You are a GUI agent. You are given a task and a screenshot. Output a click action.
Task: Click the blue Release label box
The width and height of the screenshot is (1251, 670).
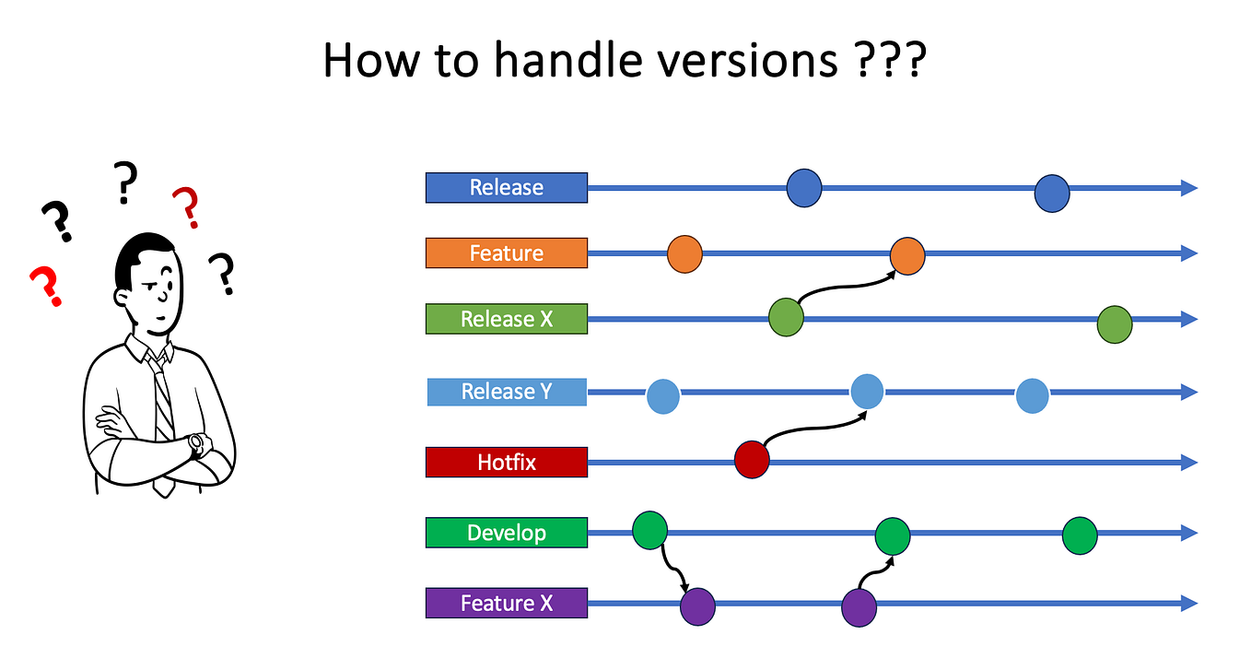click(506, 187)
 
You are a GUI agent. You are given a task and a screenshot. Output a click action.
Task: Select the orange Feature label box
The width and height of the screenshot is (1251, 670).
click(506, 253)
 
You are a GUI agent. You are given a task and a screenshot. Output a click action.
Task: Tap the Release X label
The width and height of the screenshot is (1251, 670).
click(506, 319)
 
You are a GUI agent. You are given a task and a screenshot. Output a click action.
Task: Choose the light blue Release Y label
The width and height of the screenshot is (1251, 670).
click(506, 392)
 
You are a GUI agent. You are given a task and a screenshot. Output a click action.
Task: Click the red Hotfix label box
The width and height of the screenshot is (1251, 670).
click(506, 462)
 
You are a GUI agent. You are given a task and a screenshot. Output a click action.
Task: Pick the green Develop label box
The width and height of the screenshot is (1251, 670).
click(506, 533)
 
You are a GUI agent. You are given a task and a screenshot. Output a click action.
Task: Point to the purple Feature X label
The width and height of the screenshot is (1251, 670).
click(506, 603)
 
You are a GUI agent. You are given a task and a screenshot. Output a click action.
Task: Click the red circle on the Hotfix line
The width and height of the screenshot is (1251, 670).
click(752, 460)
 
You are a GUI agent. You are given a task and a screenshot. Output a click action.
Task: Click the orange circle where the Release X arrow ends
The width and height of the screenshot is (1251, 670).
click(907, 256)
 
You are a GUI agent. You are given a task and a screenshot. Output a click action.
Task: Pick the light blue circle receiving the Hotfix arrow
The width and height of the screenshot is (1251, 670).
click(867, 391)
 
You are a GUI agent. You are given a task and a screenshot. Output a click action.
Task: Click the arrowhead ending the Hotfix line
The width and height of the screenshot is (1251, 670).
click(1188, 462)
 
